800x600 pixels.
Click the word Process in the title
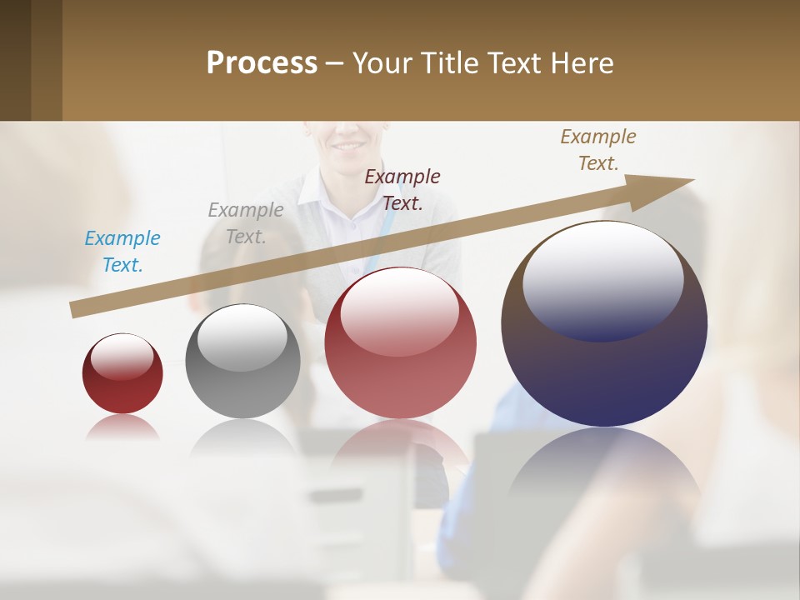[x=262, y=63]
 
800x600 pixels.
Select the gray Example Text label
[x=246, y=223]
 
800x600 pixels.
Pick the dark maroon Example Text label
[x=402, y=189]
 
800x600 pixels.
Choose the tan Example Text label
[x=598, y=150]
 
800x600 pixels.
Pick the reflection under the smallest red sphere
[x=122, y=427]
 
